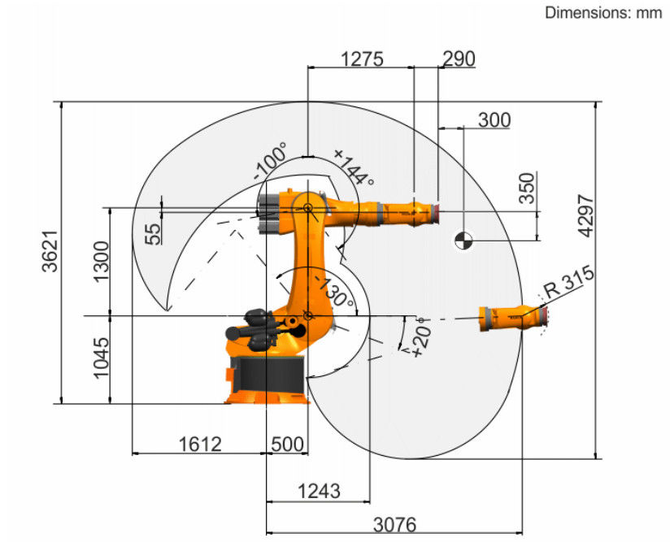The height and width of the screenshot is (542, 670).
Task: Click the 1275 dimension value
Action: point(362,59)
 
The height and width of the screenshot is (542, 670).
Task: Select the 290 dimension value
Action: point(459,59)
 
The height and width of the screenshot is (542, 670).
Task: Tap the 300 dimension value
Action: point(494,120)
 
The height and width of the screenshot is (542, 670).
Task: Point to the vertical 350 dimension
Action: point(527,188)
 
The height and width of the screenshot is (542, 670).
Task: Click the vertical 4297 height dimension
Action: point(585,215)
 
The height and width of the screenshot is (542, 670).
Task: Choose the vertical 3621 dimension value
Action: point(50,252)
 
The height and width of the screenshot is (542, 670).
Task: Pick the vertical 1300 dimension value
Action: point(102,262)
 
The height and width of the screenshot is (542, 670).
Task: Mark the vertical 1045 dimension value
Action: point(102,358)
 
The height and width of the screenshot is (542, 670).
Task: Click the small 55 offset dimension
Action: point(154,234)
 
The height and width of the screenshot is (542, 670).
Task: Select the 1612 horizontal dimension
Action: point(200,444)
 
